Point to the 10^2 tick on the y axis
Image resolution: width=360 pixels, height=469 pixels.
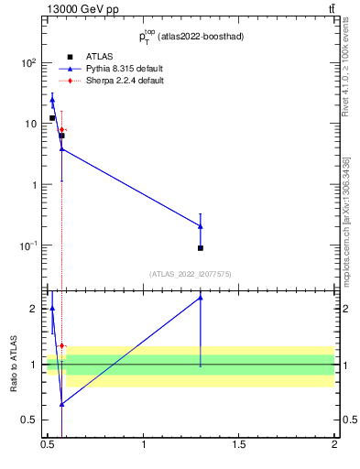[29, 63]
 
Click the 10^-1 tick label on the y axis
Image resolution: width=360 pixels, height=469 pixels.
[29, 245]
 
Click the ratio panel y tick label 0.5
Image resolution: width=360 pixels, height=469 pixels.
[29, 420]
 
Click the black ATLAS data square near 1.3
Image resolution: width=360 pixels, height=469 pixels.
[201, 248]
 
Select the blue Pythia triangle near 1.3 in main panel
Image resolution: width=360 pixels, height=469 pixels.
[201, 225]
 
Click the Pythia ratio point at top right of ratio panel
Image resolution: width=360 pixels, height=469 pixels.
[201, 298]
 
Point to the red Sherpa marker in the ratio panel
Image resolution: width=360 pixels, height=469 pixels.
[61, 345]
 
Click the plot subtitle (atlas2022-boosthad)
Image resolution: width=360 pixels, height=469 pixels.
[203, 37]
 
